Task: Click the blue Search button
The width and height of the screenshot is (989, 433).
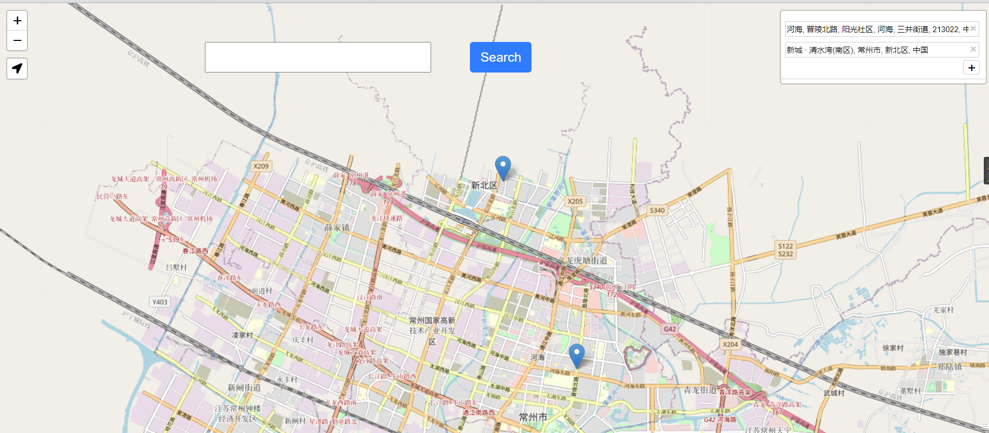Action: point(500,57)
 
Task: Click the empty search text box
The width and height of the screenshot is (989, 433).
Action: point(318,57)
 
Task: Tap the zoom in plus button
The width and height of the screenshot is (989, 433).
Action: point(17,21)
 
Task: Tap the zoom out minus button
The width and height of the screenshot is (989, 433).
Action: point(17,40)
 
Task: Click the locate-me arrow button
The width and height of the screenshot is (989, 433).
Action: point(17,68)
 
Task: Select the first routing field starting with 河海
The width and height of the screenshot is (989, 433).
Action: point(877,29)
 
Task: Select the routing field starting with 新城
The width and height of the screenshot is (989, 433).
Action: point(877,50)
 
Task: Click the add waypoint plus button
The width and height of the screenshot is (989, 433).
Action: point(971,68)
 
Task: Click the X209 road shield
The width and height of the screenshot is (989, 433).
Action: point(261,166)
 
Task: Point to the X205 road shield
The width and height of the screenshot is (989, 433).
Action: point(575,201)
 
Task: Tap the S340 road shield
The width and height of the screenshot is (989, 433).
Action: point(657,210)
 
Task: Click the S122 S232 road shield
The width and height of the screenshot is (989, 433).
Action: point(785,250)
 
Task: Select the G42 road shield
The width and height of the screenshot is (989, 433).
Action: point(670,329)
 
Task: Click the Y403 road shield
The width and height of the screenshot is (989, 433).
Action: point(160,302)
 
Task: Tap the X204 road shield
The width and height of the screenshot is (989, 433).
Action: point(730,344)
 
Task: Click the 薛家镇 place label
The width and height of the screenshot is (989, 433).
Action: point(337,228)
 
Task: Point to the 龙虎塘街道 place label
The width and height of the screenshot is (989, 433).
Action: point(586,260)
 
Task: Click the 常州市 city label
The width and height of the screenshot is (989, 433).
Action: point(533,417)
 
